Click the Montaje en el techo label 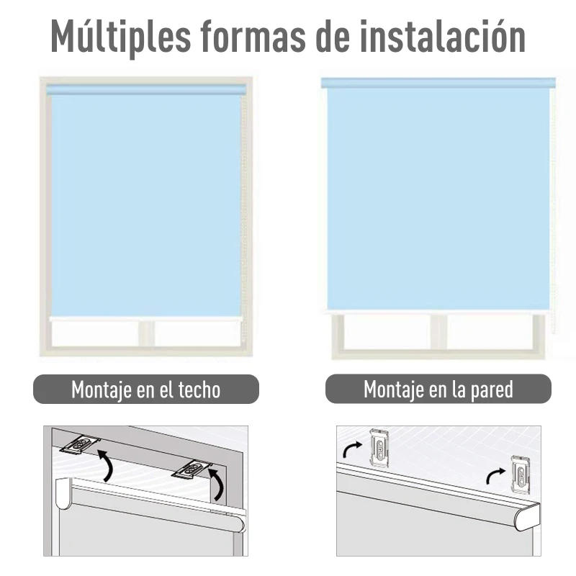[x=146, y=390]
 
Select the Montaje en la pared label [x=438, y=390]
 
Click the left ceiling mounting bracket [x=80, y=445]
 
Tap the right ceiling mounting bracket [x=192, y=469]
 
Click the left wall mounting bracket [x=379, y=449]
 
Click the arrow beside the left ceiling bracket [x=106, y=465]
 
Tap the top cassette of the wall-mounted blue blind [x=438, y=83]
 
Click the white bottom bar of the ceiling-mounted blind [x=145, y=316]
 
